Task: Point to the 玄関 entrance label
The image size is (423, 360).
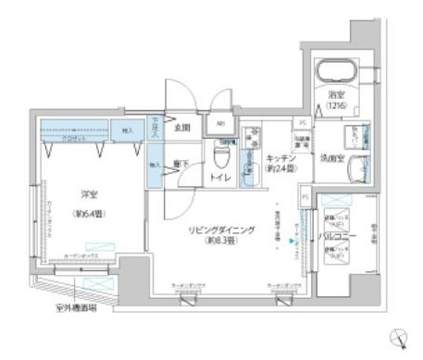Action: pyautogui.click(x=183, y=128)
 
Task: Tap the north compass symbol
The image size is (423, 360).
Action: pyautogui.click(x=399, y=337)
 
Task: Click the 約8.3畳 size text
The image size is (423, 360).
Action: pyautogui.click(x=221, y=241)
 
